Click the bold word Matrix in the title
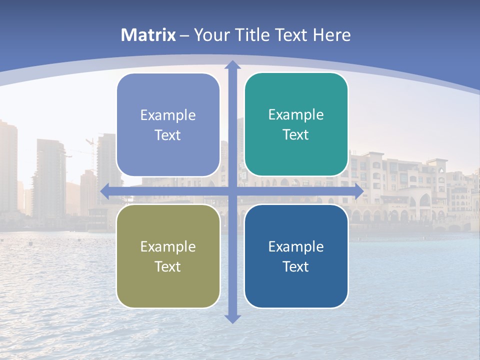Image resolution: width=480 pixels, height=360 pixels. click(148, 35)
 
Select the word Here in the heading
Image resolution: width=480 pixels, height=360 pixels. click(332, 35)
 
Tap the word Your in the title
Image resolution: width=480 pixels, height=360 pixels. click(211, 35)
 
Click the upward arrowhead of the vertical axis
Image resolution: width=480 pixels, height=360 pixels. click(232, 65)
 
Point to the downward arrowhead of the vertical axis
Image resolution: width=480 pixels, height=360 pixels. click(232, 318)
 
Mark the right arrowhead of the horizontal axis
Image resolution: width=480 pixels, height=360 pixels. click(358, 191)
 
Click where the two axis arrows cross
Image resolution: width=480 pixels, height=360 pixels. click(232, 191)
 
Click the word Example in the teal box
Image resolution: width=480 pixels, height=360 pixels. click(296, 115)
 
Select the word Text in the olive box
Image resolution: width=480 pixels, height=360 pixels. click(168, 267)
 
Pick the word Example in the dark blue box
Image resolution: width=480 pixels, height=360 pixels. click(296, 246)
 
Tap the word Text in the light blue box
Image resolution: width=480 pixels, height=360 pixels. click(168, 135)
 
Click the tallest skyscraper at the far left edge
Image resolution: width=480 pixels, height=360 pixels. click(8, 165)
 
